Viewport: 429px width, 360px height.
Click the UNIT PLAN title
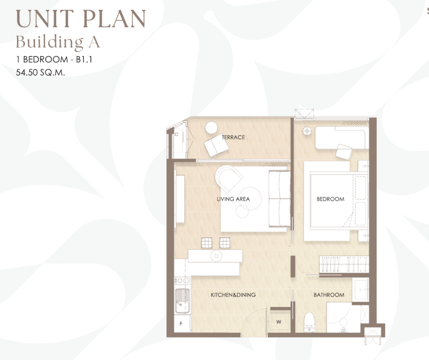(x=81, y=19)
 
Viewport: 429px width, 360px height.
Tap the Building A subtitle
(x=58, y=42)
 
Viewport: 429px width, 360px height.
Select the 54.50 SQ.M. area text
(x=41, y=73)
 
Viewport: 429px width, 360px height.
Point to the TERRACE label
(x=234, y=137)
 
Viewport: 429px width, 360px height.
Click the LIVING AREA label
(x=234, y=199)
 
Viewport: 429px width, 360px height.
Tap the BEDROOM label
(x=331, y=199)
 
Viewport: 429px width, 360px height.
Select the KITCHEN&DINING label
(x=234, y=295)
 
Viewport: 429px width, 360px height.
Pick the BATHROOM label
(x=329, y=295)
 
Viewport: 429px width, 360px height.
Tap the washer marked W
(x=279, y=322)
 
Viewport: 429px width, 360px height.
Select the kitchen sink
(x=183, y=301)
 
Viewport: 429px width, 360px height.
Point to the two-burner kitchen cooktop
(x=183, y=281)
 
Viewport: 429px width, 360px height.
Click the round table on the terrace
(x=211, y=128)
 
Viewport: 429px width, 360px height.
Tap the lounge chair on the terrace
(x=216, y=145)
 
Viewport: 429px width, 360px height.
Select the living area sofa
(x=279, y=199)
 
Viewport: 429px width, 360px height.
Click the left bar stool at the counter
(x=207, y=243)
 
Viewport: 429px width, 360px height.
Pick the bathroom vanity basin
(x=361, y=290)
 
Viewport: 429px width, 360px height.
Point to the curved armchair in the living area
(x=229, y=178)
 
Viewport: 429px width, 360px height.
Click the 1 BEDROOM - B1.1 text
(x=54, y=59)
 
